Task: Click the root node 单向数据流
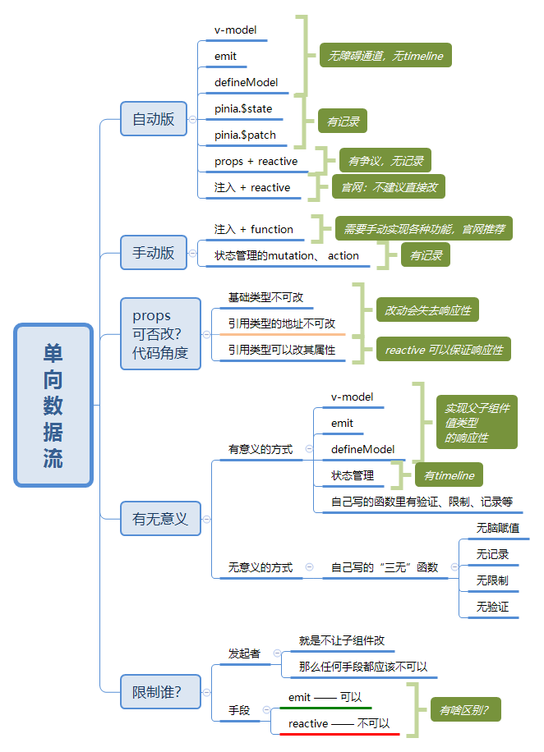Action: click(x=53, y=406)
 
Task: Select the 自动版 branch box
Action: click(x=154, y=119)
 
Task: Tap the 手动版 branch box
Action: click(x=154, y=253)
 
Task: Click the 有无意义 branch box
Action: click(x=160, y=519)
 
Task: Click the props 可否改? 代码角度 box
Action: click(x=160, y=334)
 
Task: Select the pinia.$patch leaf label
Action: click(x=245, y=135)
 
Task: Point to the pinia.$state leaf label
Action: click(x=243, y=108)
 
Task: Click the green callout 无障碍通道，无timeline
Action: click(x=385, y=56)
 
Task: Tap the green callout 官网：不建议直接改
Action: click(x=389, y=187)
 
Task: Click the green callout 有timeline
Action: click(x=449, y=475)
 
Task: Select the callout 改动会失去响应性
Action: click(x=427, y=310)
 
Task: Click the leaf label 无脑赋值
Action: click(x=497, y=528)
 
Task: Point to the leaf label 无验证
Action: click(x=492, y=607)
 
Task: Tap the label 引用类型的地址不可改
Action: click(x=282, y=323)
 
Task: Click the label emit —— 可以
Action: click(x=325, y=697)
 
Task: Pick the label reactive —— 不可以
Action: click(x=339, y=723)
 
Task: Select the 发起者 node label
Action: click(x=244, y=653)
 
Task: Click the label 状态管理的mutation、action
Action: click(x=287, y=255)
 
